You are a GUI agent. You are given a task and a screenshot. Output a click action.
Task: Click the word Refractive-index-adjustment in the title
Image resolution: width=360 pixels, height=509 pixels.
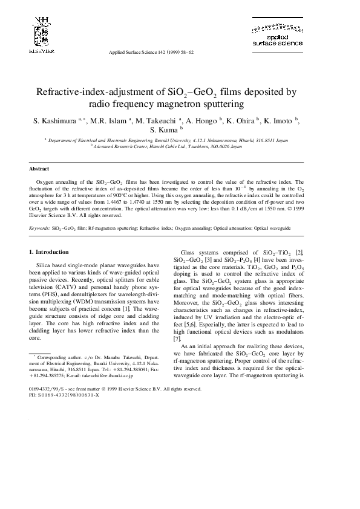(x=100, y=92)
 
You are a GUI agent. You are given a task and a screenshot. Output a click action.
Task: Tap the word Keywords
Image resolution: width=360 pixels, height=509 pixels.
(x=40, y=229)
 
